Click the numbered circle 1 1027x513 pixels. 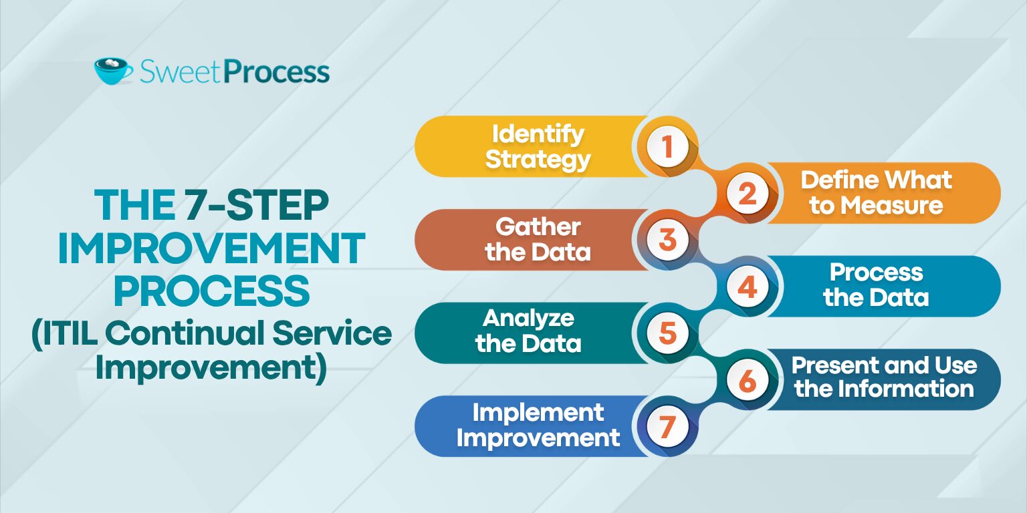pyautogui.click(x=667, y=146)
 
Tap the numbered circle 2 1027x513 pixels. pyautogui.click(x=748, y=193)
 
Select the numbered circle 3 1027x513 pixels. pyautogui.click(x=667, y=240)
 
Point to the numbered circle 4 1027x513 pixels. pyautogui.click(x=748, y=287)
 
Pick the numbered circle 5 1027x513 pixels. pyautogui.click(x=667, y=333)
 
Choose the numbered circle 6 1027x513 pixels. pyautogui.click(x=748, y=379)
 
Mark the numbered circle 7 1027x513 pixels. pyautogui.click(x=667, y=426)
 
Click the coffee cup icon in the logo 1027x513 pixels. pyautogui.click(x=113, y=71)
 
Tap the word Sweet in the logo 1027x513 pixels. pyautogui.click(x=182, y=72)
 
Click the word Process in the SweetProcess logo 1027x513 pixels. pyautogui.click(x=278, y=72)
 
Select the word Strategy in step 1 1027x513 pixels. pyautogui.click(x=538, y=160)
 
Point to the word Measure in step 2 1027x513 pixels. pyautogui.click(x=892, y=205)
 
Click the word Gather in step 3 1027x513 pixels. pyautogui.click(x=538, y=226)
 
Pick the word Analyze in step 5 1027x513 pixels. pyautogui.click(x=528, y=319)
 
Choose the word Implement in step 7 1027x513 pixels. pyautogui.click(x=538, y=412)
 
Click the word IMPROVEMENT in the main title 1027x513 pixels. pyautogui.click(x=211, y=248)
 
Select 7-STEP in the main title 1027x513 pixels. pyautogui.click(x=257, y=205)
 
